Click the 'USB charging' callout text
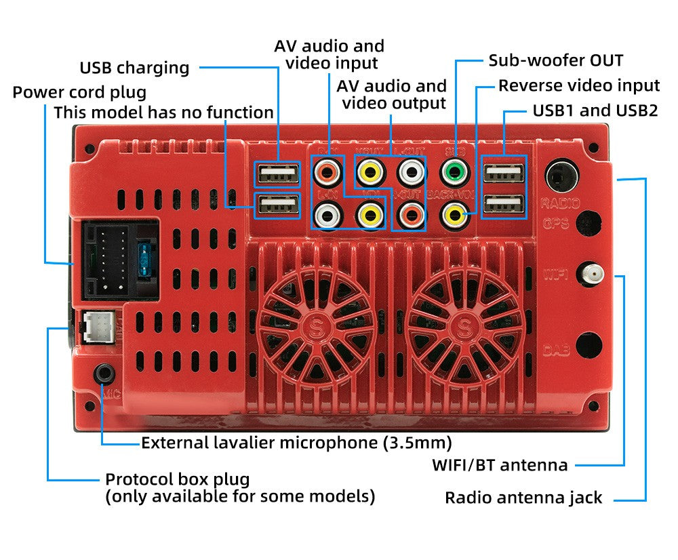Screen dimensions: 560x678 click(134, 68)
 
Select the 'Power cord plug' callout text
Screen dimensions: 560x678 click(79, 92)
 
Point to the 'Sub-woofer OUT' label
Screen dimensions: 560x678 click(556, 60)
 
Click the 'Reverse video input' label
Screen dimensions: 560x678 click(579, 85)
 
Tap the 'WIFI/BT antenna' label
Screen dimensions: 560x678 click(500, 466)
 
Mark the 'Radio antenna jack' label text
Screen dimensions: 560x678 click(523, 498)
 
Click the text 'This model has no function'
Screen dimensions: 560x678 click(163, 113)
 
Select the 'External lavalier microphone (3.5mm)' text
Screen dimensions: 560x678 click(296, 443)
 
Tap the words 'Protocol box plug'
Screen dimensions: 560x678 click(177, 479)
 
